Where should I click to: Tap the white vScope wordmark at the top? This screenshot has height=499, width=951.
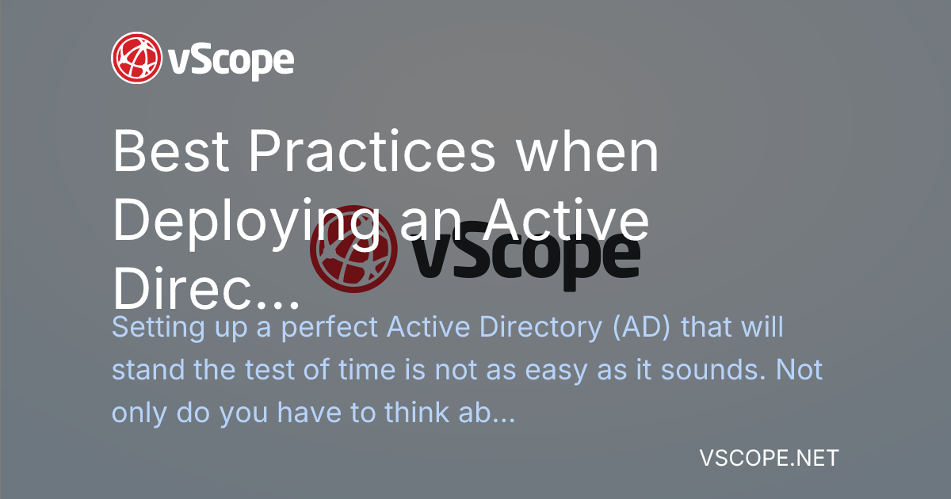(231, 59)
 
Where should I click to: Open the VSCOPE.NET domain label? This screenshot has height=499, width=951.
(770, 458)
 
